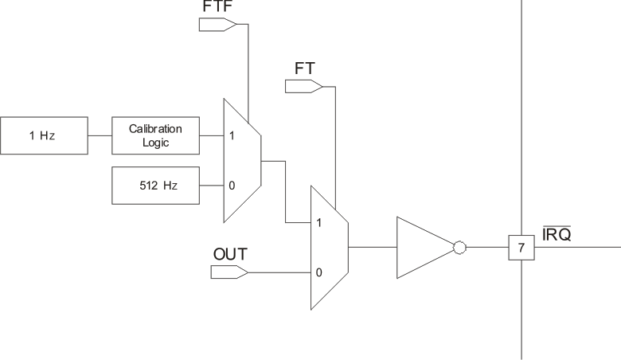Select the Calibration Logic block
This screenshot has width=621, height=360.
click(156, 135)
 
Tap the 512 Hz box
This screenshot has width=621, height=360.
click(156, 185)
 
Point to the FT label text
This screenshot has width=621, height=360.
click(303, 69)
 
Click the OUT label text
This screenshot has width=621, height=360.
click(230, 255)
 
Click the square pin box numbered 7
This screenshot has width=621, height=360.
click(521, 248)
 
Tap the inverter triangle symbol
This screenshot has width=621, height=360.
click(422, 248)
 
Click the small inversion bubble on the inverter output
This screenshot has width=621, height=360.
click(458, 248)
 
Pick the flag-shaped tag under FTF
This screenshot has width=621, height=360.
click(217, 24)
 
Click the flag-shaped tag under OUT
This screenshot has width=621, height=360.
click(229, 272)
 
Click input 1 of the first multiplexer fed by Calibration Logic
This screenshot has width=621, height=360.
click(232, 135)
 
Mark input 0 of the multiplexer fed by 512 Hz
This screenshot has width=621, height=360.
click(232, 185)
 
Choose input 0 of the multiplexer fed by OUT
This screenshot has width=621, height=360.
click(318, 272)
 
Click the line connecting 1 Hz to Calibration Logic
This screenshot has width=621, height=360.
click(99, 135)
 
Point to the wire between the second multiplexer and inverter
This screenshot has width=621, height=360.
click(372, 248)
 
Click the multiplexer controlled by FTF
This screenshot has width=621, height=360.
click(242, 160)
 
